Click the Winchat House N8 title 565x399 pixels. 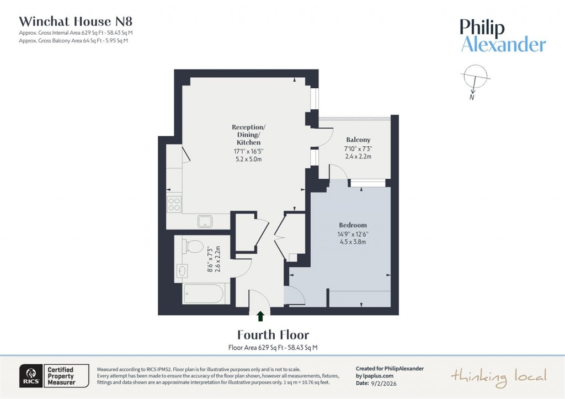[x=76, y=22]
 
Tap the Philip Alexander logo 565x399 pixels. [x=503, y=36]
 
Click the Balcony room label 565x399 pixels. [x=358, y=140]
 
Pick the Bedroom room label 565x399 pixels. [x=353, y=225]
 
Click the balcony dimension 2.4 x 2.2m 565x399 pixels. [x=358, y=157]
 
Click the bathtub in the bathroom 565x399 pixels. [x=204, y=293]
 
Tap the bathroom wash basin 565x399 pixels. [x=183, y=271]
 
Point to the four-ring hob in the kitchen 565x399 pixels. [x=174, y=204]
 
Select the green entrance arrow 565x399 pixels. [x=260, y=316]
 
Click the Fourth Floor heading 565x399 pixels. [x=273, y=334]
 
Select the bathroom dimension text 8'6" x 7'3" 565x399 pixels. [x=210, y=259]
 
